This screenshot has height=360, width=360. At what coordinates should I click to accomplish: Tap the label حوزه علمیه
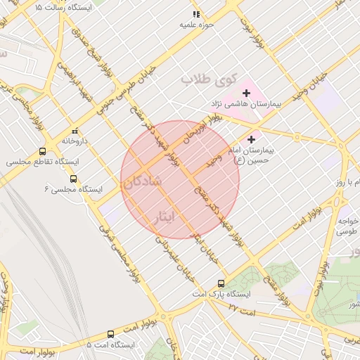[195, 25]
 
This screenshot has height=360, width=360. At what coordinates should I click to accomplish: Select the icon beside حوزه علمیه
[196, 14]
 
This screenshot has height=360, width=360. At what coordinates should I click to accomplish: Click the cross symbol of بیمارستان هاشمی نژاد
[246, 93]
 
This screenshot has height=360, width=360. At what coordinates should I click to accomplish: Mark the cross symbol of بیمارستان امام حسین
[251, 140]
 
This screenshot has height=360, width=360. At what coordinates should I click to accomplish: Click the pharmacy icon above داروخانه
[75, 131]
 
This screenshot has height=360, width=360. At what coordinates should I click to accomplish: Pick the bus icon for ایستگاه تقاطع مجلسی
[43, 152]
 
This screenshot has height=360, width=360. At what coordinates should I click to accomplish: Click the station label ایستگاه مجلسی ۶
[73, 189]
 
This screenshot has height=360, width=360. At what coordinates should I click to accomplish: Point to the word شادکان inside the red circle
[143, 181]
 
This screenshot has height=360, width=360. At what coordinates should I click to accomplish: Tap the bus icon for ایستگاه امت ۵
[110, 335]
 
